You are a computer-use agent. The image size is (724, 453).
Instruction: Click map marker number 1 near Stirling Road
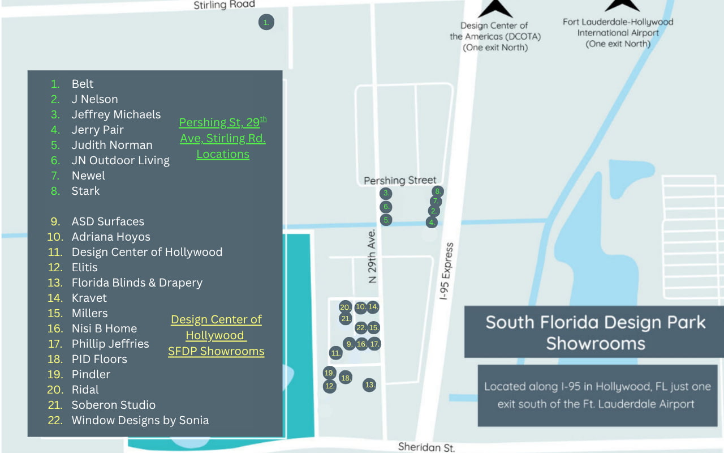[x=266, y=23]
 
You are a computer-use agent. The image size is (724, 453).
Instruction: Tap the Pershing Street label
[x=400, y=180]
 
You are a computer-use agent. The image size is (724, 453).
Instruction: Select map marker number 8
[x=437, y=191]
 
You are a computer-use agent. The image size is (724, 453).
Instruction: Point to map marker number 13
[x=369, y=384]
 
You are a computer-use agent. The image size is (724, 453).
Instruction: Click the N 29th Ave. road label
[x=372, y=257]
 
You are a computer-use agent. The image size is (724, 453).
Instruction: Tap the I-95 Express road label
[x=448, y=271]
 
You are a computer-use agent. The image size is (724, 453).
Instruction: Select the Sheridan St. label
[x=426, y=447]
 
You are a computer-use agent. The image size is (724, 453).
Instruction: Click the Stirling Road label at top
[x=224, y=5]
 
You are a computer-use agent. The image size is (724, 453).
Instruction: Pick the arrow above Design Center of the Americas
[x=495, y=8]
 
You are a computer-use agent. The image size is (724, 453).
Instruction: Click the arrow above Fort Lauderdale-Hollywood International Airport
[x=622, y=5]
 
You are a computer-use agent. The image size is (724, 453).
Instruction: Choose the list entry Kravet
[x=89, y=298]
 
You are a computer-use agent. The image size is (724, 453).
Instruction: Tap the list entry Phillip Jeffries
[x=110, y=344]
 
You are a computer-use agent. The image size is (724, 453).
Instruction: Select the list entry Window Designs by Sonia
[x=140, y=420]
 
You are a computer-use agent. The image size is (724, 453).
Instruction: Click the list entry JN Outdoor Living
[x=120, y=160]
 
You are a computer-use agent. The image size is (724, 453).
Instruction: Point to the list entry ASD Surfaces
[x=107, y=221]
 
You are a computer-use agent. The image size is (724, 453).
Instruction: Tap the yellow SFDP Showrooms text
[x=216, y=351]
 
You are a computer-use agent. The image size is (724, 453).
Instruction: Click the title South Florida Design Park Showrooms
[x=595, y=332]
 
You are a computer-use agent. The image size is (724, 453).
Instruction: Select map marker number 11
[x=336, y=353]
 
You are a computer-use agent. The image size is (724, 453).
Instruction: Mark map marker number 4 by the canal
[x=432, y=222]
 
